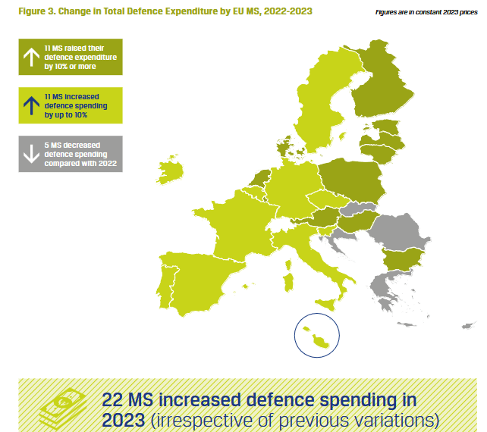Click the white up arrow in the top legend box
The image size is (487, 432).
point(31,57)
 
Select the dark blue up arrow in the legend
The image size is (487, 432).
point(31,105)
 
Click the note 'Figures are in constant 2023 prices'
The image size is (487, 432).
point(426,13)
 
